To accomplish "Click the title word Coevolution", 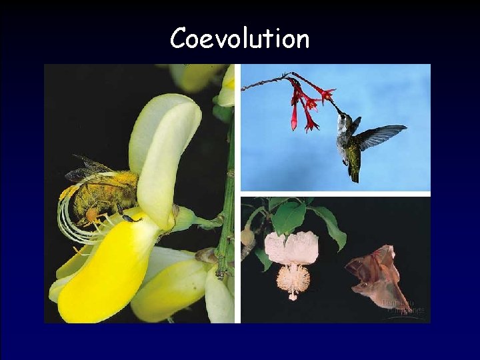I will tap(239, 39).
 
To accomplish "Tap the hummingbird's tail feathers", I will tap(353, 173).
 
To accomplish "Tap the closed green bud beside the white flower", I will tap(248, 237).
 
